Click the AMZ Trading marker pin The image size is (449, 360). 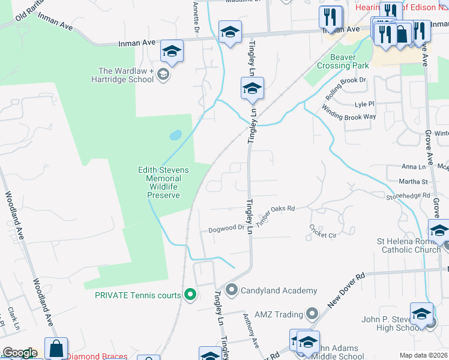(x=312, y=314)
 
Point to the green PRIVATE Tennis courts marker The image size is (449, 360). (x=190, y=295)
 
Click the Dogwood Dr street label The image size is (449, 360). (x=226, y=229)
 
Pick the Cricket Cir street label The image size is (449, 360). (x=323, y=231)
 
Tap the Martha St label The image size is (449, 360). (x=414, y=181)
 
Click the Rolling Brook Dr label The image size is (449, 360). (x=345, y=88)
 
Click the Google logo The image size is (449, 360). (x=20, y=353)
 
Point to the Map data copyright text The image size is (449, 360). (x=423, y=355)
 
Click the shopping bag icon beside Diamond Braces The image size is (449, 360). (x=56, y=349)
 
